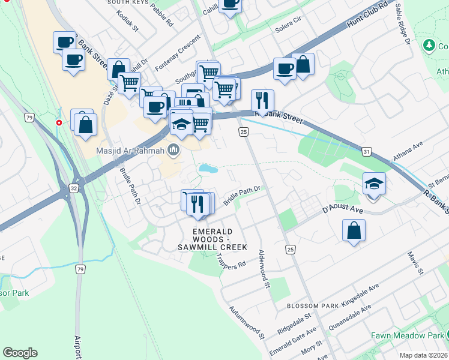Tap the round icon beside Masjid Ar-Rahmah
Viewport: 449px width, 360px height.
pyautogui.click(x=174, y=149)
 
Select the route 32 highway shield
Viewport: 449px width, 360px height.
pyautogui.click(x=73, y=188)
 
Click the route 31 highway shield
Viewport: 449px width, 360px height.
pyautogui.click(x=366, y=152)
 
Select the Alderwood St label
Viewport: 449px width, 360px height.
pyautogui.click(x=263, y=270)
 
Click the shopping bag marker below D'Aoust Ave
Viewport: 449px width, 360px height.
pyautogui.click(x=354, y=230)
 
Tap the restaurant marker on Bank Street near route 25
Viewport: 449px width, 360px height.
pyautogui.click(x=262, y=100)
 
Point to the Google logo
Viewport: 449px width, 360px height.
pyautogui.click(x=20, y=353)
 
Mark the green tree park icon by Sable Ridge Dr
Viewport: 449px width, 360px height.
pyautogui.click(x=429, y=45)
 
